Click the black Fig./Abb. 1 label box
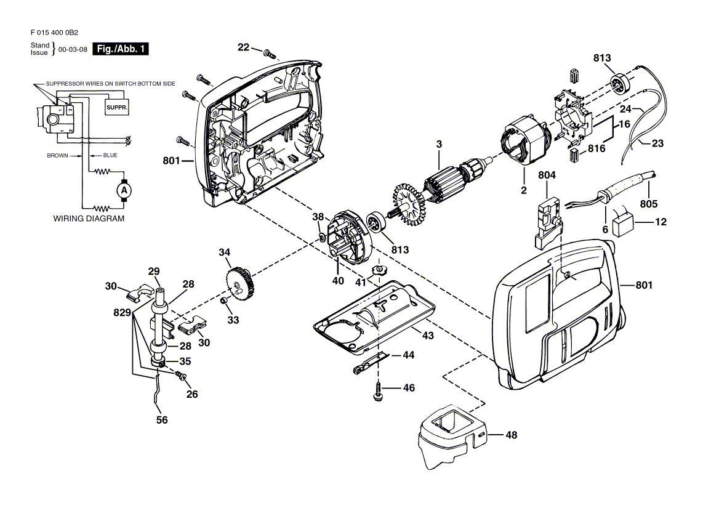(x=121, y=49)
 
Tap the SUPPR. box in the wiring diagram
(x=116, y=108)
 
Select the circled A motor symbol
(x=123, y=190)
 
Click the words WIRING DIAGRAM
(x=89, y=219)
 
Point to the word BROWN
(x=58, y=155)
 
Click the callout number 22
(x=244, y=47)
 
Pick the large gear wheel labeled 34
(x=240, y=284)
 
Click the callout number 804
(x=547, y=175)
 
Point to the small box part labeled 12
(x=623, y=226)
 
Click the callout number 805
(x=648, y=204)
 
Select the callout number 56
(x=162, y=420)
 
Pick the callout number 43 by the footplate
(x=428, y=336)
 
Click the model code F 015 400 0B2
(x=55, y=33)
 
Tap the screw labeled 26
(x=180, y=376)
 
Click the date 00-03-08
(x=73, y=49)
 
